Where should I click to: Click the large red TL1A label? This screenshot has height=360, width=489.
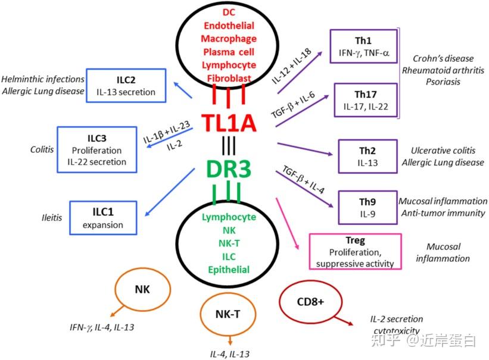(229, 123)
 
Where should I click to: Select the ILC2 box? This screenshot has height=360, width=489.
(127, 86)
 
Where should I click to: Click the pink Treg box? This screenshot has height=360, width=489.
(356, 251)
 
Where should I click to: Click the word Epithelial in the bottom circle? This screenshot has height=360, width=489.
(229, 270)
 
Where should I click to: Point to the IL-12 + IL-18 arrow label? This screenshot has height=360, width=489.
(292, 64)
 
